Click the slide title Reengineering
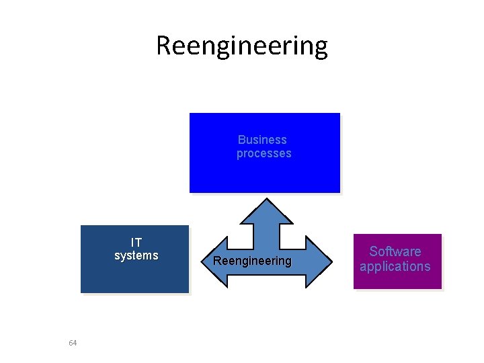click(x=242, y=46)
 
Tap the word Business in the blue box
click(x=262, y=140)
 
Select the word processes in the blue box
click(x=264, y=153)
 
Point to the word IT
click(x=136, y=242)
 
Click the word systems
click(x=136, y=255)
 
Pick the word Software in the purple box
click(x=395, y=251)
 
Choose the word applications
click(x=395, y=266)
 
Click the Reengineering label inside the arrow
click(x=252, y=261)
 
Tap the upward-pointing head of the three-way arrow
click(x=267, y=211)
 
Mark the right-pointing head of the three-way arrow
click(x=319, y=261)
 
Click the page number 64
click(x=73, y=343)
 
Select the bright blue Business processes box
click(x=265, y=175)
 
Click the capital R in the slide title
click(x=164, y=46)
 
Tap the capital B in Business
click(x=241, y=140)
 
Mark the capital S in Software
click(x=373, y=251)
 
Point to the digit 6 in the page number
click(x=71, y=343)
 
